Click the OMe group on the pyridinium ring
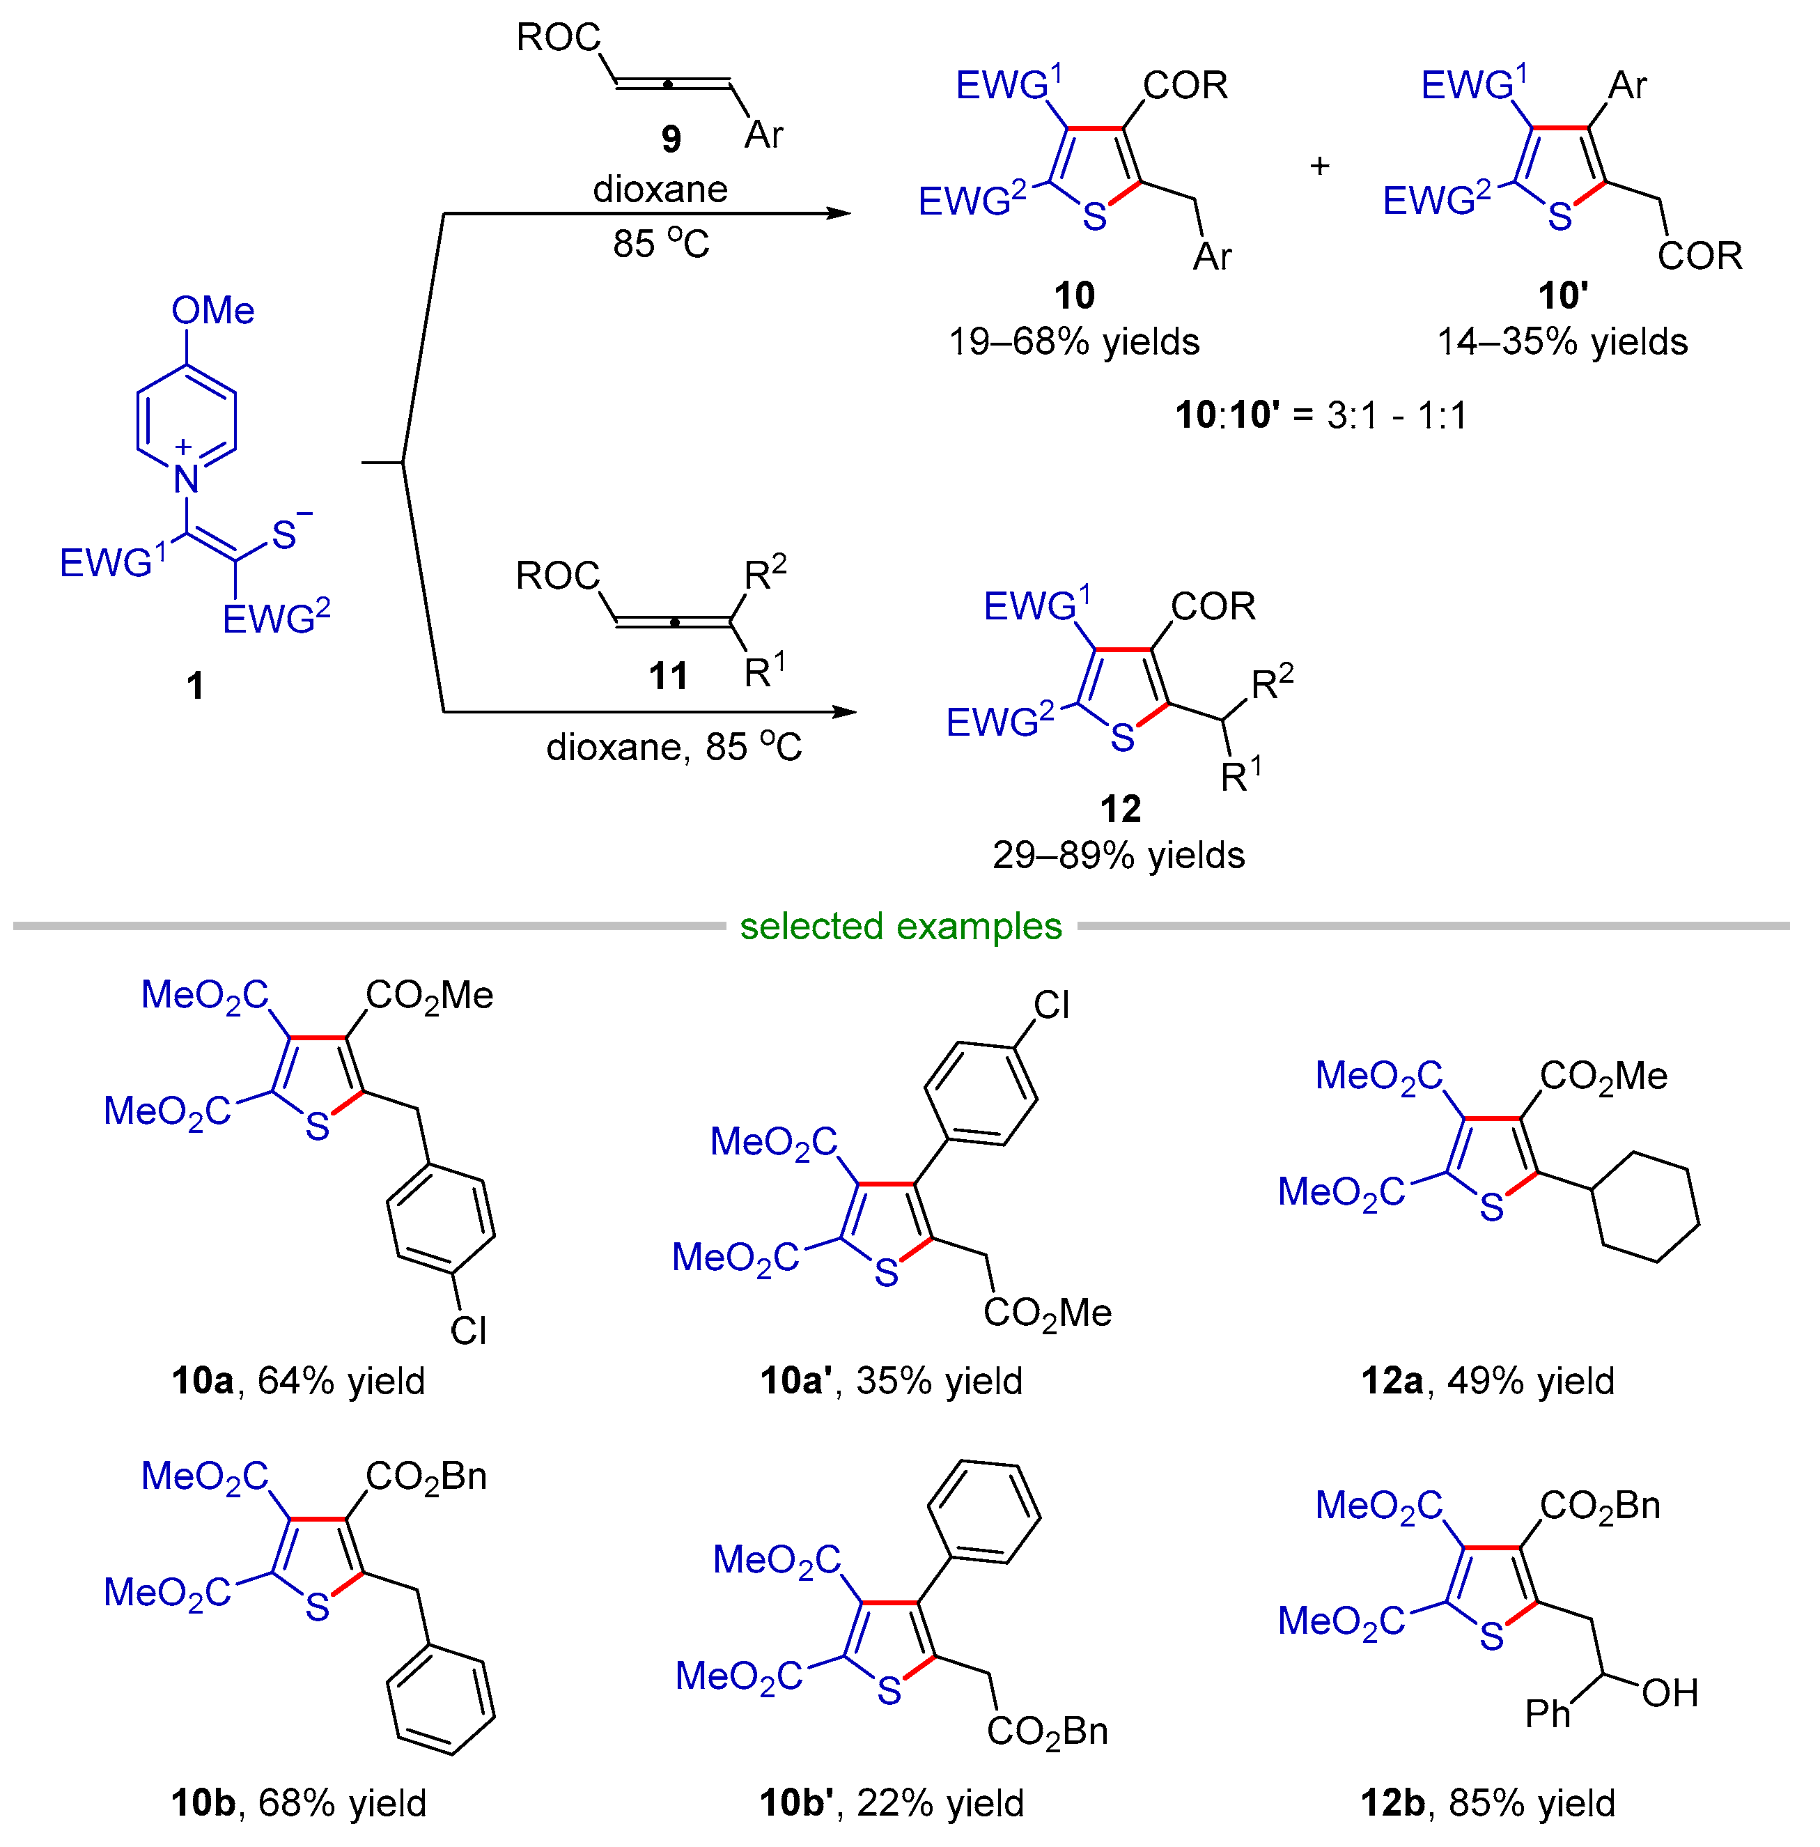point(212,311)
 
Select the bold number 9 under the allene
point(671,139)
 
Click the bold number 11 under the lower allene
point(668,677)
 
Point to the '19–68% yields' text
point(1073,341)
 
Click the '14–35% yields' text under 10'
point(1562,341)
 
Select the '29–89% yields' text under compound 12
point(1119,855)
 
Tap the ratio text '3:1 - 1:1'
point(1396,416)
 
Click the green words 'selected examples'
point(901,927)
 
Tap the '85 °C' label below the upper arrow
point(660,244)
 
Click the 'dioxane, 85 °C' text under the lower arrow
point(674,747)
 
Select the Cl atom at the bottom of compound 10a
point(468,1330)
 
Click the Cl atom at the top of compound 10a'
point(1052,1005)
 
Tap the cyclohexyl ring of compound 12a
point(1645,1207)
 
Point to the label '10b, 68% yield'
point(298,1803)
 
